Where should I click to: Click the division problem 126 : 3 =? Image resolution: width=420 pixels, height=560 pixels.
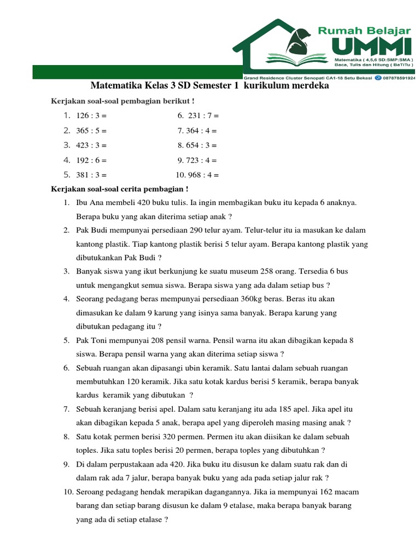click(91, 116)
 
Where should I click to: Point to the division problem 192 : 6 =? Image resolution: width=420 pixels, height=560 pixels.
click(91, 161)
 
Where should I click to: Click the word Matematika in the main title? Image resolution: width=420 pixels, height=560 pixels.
click(115, 86)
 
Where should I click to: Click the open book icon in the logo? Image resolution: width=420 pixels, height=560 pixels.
click(295, 57)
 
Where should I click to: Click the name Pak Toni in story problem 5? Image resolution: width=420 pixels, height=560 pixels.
click(91, 340)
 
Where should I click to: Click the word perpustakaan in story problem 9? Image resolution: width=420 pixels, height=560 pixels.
click(127, 464)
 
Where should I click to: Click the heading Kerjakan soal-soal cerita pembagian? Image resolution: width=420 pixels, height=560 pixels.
click(119, 189)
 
